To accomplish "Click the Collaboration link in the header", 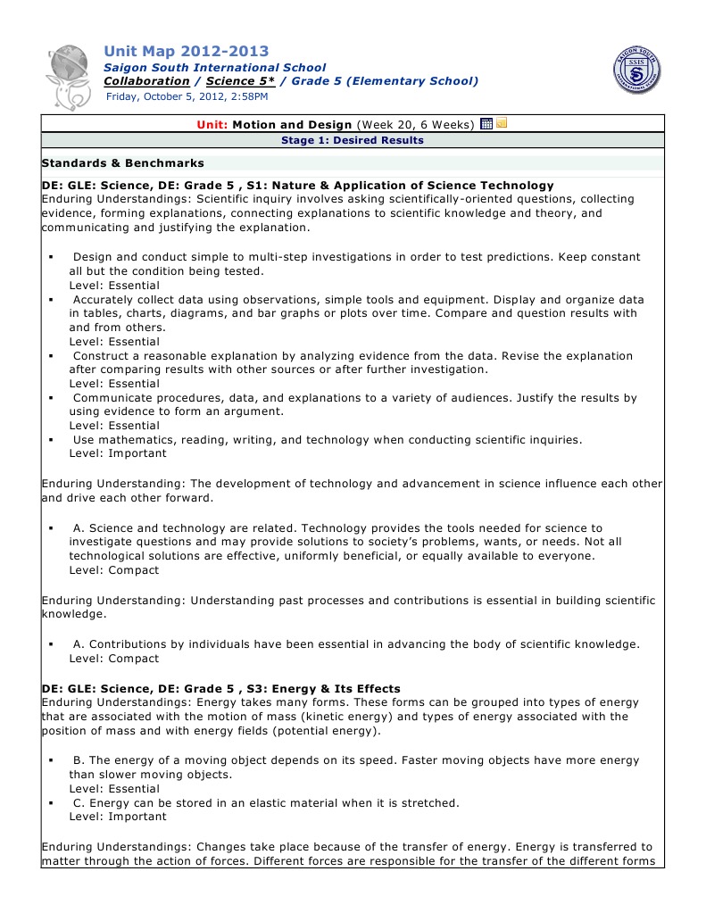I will [146, 81].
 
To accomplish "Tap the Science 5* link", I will [239, 81].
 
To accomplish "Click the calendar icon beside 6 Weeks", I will [486, 124].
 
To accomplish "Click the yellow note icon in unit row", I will [502, 124].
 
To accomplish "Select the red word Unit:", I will [212, 125].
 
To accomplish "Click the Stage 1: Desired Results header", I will [353, 140].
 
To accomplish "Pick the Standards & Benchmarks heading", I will [123, 163].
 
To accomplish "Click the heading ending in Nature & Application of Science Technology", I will [298, 186].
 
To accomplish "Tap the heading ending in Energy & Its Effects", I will [221, 689].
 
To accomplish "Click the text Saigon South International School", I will [215, 68].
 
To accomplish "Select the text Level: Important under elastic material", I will [118, 817].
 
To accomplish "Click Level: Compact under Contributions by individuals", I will [114, 659].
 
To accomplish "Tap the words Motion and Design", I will [293, 125].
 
